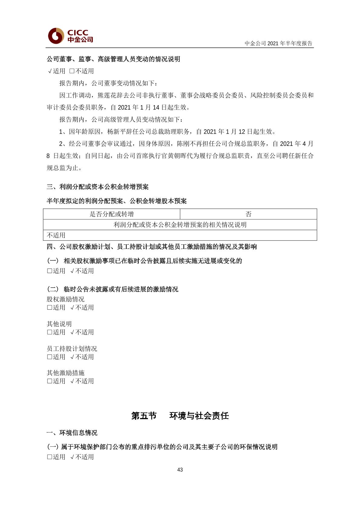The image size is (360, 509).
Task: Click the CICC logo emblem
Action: coord(56,36)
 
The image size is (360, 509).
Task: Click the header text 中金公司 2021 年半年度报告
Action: coord(278,43)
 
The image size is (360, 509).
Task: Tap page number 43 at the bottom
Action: coord(180,470)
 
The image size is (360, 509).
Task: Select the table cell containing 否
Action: coord(248,214)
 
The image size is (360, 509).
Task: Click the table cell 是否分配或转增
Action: coord(112,214)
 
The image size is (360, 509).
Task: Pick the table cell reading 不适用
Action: coord(56,235)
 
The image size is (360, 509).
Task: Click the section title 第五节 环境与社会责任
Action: coord(180,416)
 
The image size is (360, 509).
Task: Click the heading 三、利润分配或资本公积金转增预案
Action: coord(98,187)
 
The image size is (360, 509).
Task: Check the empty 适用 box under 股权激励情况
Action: coord(50,308)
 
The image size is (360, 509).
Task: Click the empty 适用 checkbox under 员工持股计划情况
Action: coord(50,357)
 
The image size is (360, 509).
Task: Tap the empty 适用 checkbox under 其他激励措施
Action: coord(50,381)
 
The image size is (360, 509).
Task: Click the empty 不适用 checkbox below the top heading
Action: coord(72,71)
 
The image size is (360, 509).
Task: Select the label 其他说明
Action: coord(59,324)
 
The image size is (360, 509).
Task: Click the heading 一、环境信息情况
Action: coord(72,433)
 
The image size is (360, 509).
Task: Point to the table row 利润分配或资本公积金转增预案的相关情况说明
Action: coord(180,225)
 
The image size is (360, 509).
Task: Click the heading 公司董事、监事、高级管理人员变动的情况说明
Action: coord(113,59)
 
